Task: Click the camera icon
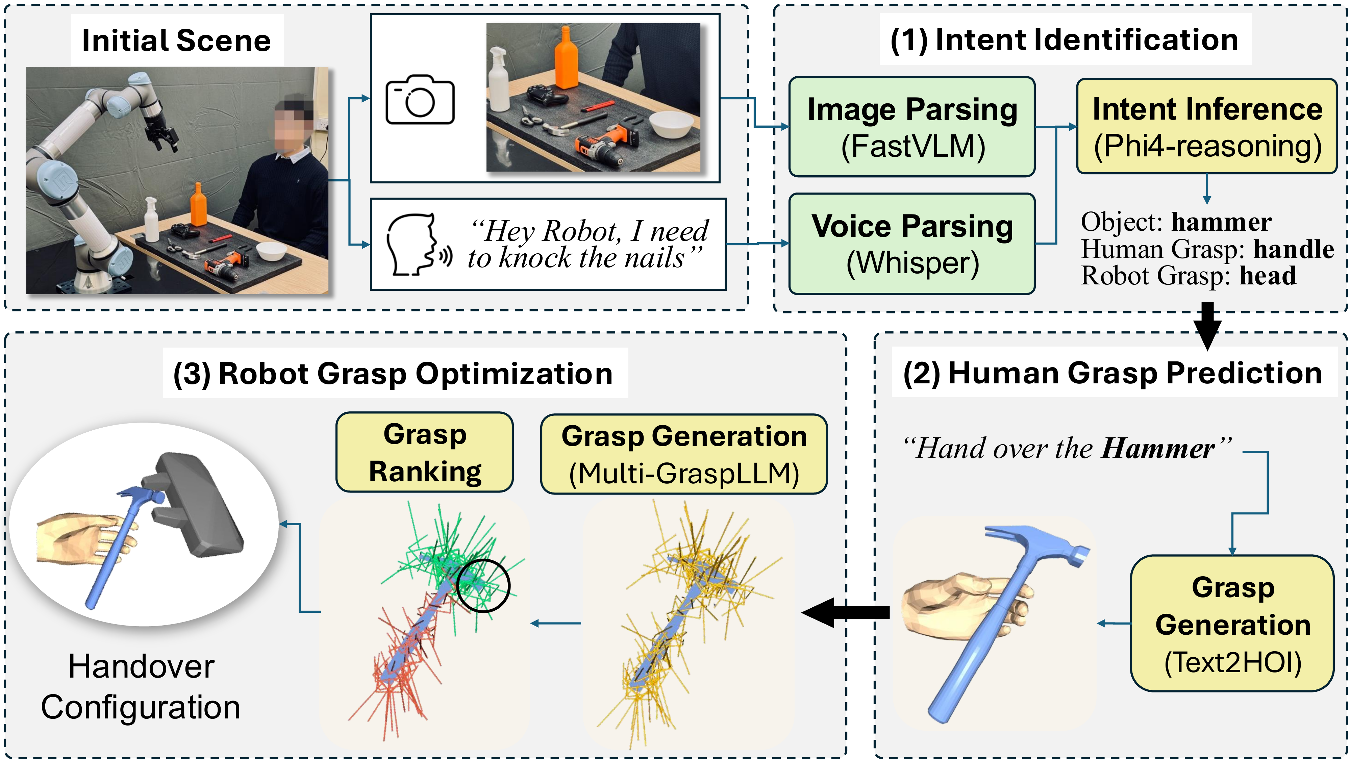pyautogui.click(x=420, y=100)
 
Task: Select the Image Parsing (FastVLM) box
pyautogui.click(x=912, y=127)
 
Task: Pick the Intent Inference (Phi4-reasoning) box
pyautogui.click(x=1207, y=126)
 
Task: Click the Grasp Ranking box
pyautogui.click(x=425, y=452)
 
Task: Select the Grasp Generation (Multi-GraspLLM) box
pyautogui.click(x=684, y=454)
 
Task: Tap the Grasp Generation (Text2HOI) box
pyautogui.click(x=1232, y=624)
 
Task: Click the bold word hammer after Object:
pyautogui.click(x=1222, y=222)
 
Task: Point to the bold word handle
pyautogui.click(x=1294, y=249)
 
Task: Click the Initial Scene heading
pyautogui.click(x=177, y=41)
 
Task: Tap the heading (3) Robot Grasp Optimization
pyautogui.click(x=393, y=374)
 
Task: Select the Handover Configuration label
pyautogui.click(x=141, y=687)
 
